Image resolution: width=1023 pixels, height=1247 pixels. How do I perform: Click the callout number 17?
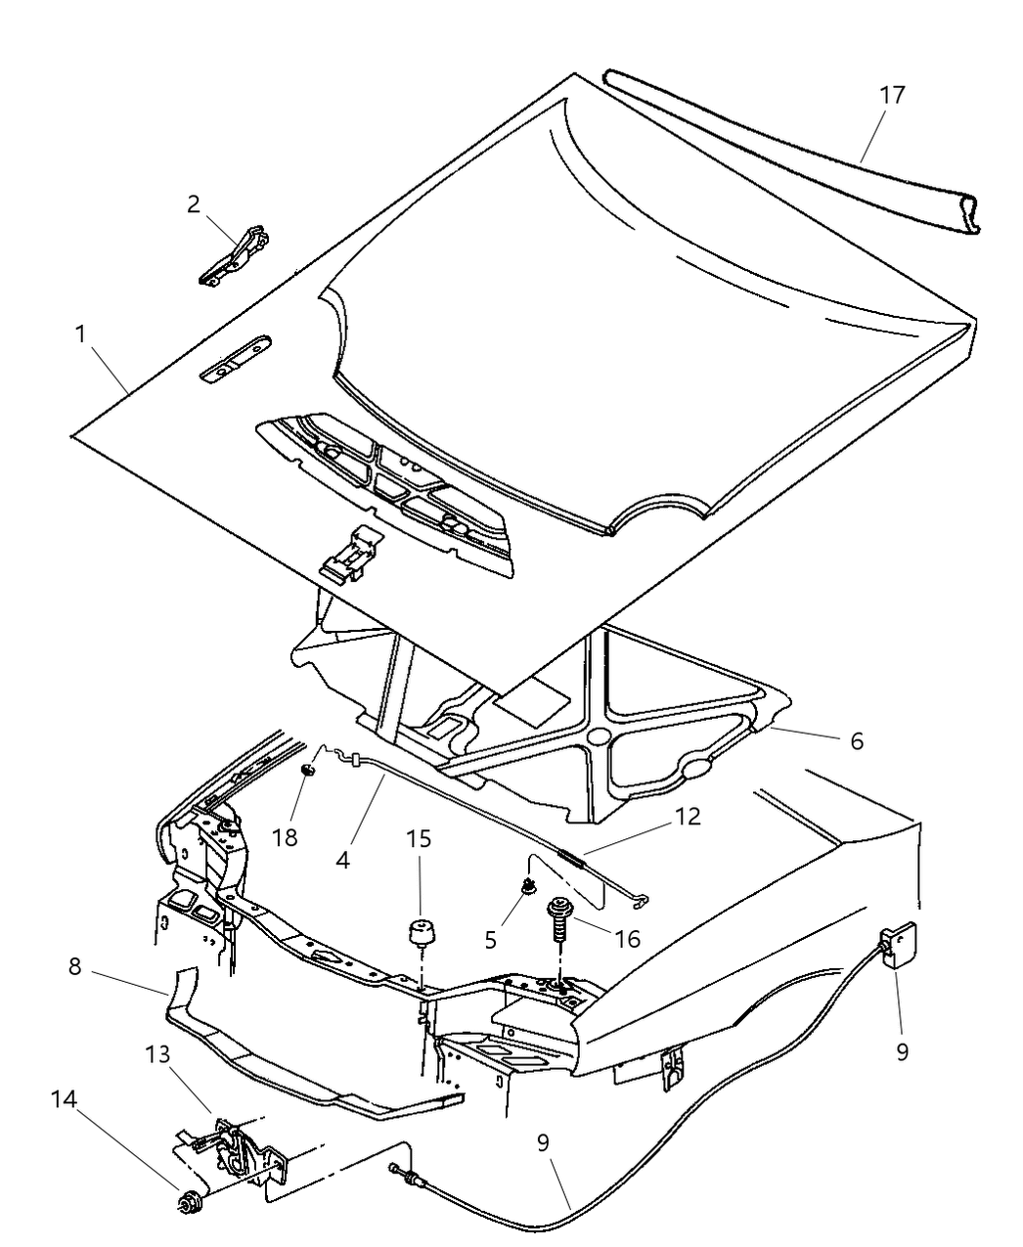pyautogui.click(x=891, y=96)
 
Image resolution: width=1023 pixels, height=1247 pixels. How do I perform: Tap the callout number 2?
pyautogui.click(x=194, y=203)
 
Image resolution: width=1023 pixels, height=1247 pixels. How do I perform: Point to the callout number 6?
pyautogui.click(x=856, y=740)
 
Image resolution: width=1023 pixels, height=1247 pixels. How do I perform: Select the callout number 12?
pyautogui.click(x=688, y=817)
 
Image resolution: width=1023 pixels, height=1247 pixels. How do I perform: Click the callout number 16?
pyautogui.click(x=627, y=939)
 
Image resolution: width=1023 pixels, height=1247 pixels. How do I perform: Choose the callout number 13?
pyautogui.click(x=157, y=1055)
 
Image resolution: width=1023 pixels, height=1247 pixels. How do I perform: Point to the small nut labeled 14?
pyautogui.click(x=185, y=1199)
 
